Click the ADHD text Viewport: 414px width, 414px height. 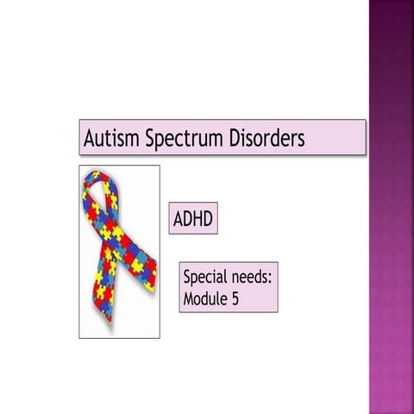click(193, 219)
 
